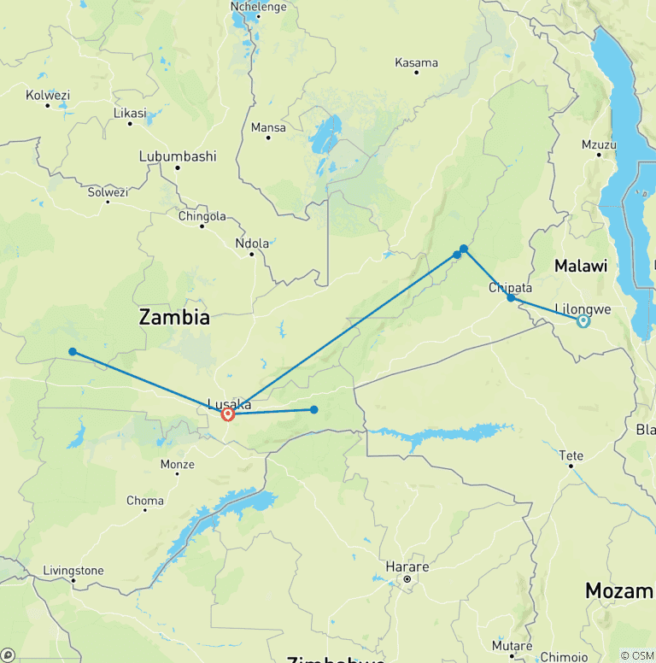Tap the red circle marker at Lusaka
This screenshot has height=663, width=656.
(228, 414)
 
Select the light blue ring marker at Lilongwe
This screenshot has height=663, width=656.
(583, 321)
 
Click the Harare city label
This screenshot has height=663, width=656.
(407, 566)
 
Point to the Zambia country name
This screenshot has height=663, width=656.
(174, 318)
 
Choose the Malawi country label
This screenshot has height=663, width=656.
(581, 266)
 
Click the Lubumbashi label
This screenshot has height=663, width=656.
(178, 156)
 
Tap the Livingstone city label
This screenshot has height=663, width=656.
(73, 570)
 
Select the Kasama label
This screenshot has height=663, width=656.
(417, 62)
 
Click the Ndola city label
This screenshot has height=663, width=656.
(252, 243)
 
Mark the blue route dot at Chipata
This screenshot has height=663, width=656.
(511, 297)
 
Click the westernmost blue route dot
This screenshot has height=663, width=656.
(73, 351)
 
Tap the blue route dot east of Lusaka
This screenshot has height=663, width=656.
(314, 409)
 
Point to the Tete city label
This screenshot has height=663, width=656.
(571, 455)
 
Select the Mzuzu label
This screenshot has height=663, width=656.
(599, 144)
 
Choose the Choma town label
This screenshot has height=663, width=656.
(144, 501)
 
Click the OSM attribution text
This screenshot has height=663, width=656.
(636, 655)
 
